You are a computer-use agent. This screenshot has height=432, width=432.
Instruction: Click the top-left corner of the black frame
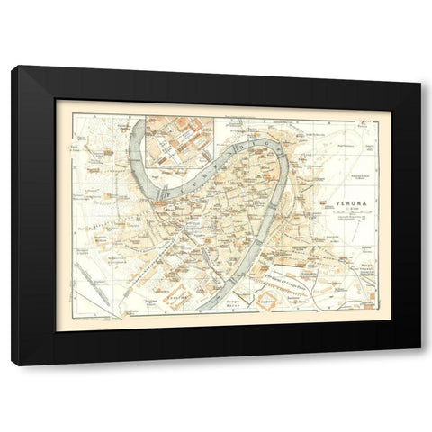13,67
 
